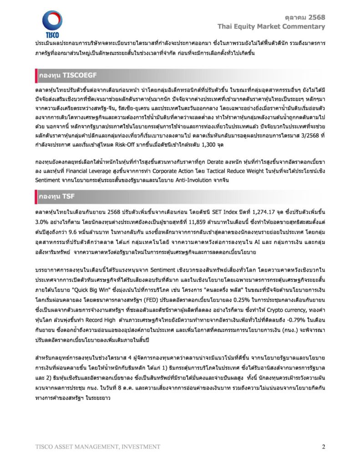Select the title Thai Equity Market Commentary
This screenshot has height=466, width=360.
click(271, 26)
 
